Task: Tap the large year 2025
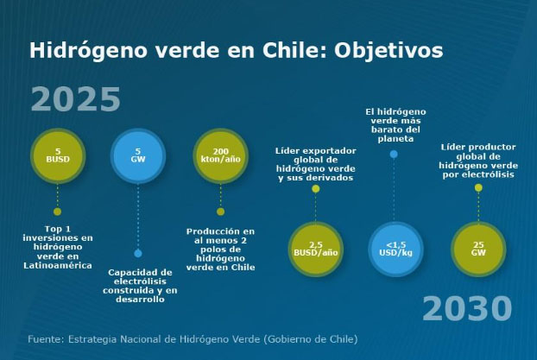(x=76, y=99)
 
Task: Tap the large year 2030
(x=467, y=308)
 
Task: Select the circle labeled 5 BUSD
(x=58, y=156)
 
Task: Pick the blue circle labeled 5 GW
(x=138, y=156)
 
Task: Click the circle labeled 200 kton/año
(x=220, y=156)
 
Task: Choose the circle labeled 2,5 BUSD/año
(x=316, y=249)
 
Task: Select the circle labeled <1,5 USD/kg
(x=396, y=249)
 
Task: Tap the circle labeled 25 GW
(x=478, y=249)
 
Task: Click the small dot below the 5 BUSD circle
(x=58, y=212)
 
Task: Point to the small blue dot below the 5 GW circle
(x=138, y=254)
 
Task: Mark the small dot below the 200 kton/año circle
(x=220, y=212)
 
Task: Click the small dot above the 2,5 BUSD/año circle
(x=316, y=189)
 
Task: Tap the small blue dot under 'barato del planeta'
(x=394, y=155)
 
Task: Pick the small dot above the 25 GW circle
(x=478, y=187)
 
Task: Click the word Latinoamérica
(x=58, y=265)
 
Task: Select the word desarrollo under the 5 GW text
(x=140, y=300)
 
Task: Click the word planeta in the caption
(x=395, y=139)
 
